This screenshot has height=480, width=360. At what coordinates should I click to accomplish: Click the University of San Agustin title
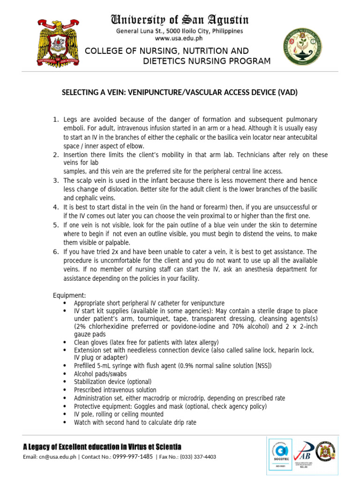pos(180,20)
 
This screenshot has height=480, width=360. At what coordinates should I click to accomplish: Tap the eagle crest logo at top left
pos(58,43)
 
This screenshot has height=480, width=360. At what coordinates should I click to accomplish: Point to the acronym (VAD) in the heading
pos(288,93)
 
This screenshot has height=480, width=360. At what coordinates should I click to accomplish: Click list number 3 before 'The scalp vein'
pos(55,181)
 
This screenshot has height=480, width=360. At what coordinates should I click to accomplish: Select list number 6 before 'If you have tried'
pos(55,252)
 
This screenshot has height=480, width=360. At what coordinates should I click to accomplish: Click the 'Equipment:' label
pos(69,295)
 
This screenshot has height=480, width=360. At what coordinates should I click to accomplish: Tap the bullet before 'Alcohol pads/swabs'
pos(65,374)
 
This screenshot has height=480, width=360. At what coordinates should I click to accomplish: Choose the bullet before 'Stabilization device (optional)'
pos(65,382)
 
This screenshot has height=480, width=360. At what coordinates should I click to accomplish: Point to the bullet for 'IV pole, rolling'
pos(65,414)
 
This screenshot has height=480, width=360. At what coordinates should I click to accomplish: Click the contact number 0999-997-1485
pos(134,457)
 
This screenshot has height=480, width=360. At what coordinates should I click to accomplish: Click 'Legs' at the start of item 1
pos(69,120)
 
